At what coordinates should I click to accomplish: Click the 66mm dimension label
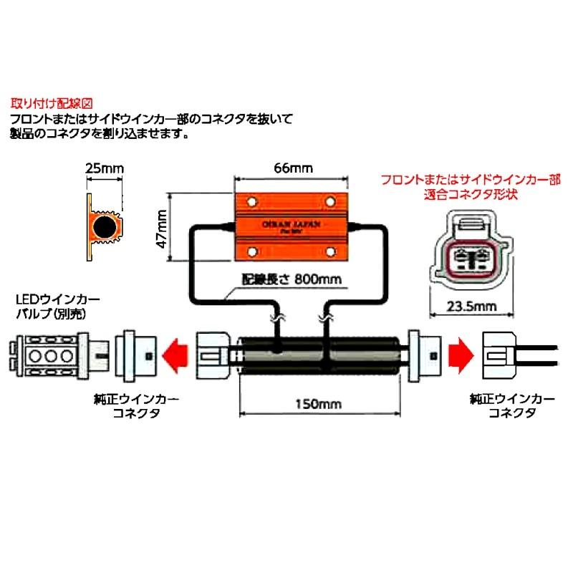coord(294,169)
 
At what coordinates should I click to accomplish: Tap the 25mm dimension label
coord(104,169)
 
